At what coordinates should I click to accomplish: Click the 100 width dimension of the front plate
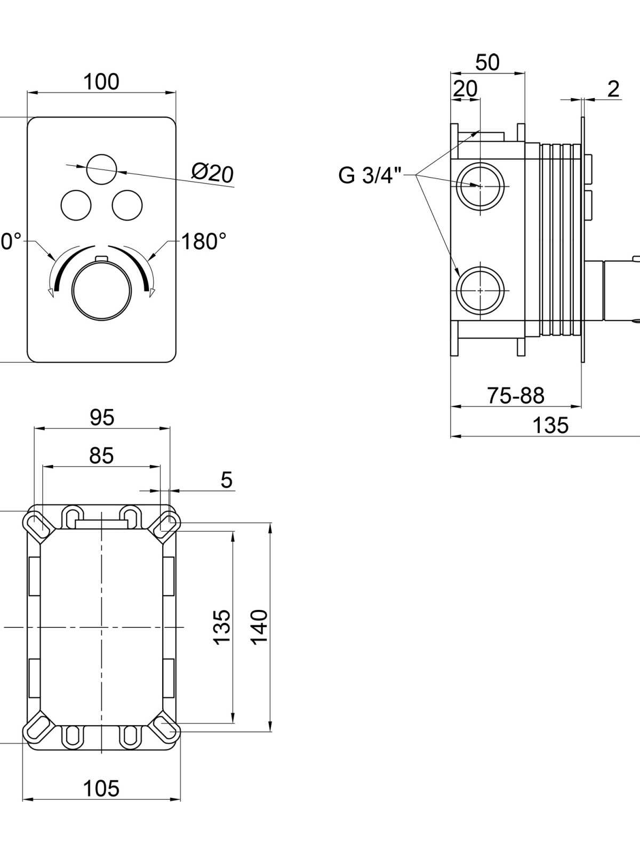click(x=101, y=82)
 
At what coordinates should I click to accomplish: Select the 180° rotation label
click(x=204, y=242)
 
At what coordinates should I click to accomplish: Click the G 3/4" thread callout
click(x=369, y=175)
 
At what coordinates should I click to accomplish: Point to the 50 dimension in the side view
click(x=487, y=62)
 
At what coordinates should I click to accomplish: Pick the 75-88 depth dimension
click(x=516, y=396)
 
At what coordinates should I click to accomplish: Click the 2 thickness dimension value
click(x=613, y=90)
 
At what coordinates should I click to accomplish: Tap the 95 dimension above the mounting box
click(x=102, y=418)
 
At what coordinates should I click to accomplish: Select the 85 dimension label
click(x=101, y=455)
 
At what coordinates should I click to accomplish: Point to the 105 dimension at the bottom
click(x=101, y=789)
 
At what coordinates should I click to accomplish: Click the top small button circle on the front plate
click(x=101, y=170)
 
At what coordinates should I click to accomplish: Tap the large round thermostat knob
click(x=101, y=291)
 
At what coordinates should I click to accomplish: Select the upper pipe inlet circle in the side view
click(x=481, y=186)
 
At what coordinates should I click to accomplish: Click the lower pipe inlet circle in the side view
click(x=481, y=291)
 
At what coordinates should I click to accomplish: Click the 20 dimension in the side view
click(x=465, y=89)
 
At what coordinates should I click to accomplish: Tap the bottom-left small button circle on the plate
click(x=76, y=205)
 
